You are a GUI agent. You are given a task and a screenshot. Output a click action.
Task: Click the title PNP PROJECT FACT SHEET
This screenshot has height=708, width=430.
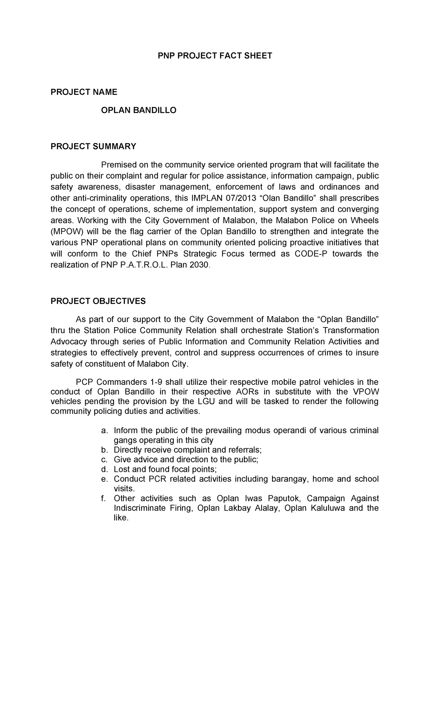(x=215, y=56)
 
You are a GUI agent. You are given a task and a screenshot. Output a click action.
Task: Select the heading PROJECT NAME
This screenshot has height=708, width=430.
(x=84, y=92)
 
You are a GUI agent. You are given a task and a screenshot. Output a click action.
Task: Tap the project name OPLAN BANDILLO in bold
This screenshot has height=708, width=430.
(x=139, y=110)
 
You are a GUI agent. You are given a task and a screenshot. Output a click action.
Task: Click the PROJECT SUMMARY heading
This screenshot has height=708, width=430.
(x=93, y=146)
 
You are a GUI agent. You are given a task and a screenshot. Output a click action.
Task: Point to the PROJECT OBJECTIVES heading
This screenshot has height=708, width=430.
(x=98, y=301)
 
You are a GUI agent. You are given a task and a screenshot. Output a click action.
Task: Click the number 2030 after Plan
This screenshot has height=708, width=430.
(x=199, y=265)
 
